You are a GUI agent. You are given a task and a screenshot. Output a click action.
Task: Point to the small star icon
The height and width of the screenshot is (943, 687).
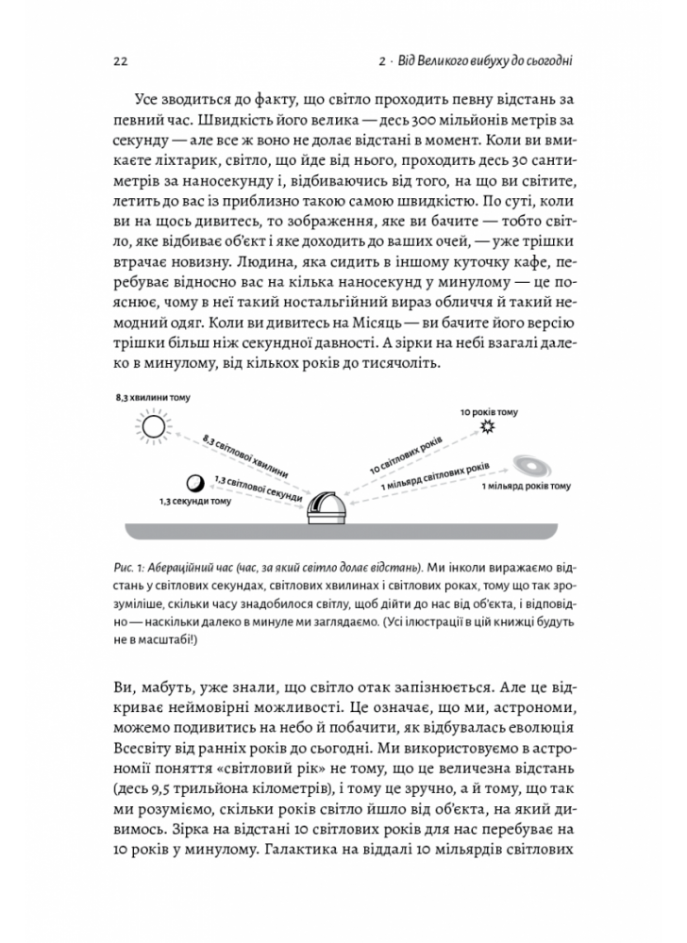pos(487,427)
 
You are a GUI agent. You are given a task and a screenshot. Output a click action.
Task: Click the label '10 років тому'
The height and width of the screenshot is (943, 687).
pos(488,413)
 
